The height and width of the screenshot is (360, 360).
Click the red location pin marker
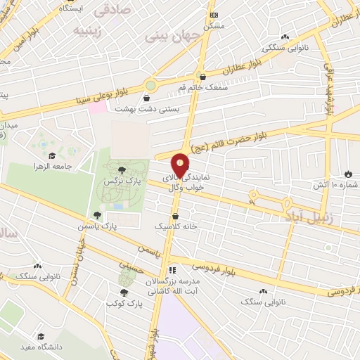[180, 165]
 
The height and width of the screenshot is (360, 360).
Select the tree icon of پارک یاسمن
[96, 215]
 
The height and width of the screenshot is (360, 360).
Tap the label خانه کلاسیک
[176, 227]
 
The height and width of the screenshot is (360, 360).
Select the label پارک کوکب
[121, 302]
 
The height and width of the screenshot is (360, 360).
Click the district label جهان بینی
[164, 35]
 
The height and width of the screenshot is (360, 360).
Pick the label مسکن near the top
[213, 25]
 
